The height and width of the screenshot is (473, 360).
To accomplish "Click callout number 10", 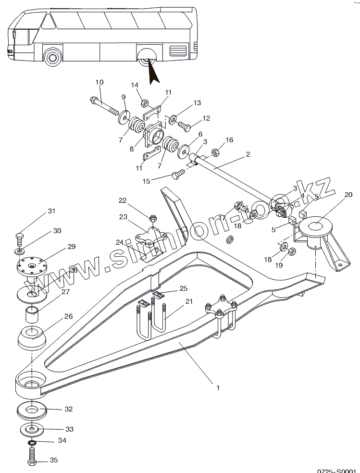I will coord(99,82).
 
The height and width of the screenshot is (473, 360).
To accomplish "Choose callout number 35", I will coord(54,460).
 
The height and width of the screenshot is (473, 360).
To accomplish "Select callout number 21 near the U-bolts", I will coord(188,301).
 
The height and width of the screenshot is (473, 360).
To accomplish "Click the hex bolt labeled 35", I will coord(32,456).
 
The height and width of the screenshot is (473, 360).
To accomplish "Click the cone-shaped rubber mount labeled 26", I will coord(32,338).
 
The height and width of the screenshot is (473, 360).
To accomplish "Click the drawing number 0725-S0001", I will coord(338,470).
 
